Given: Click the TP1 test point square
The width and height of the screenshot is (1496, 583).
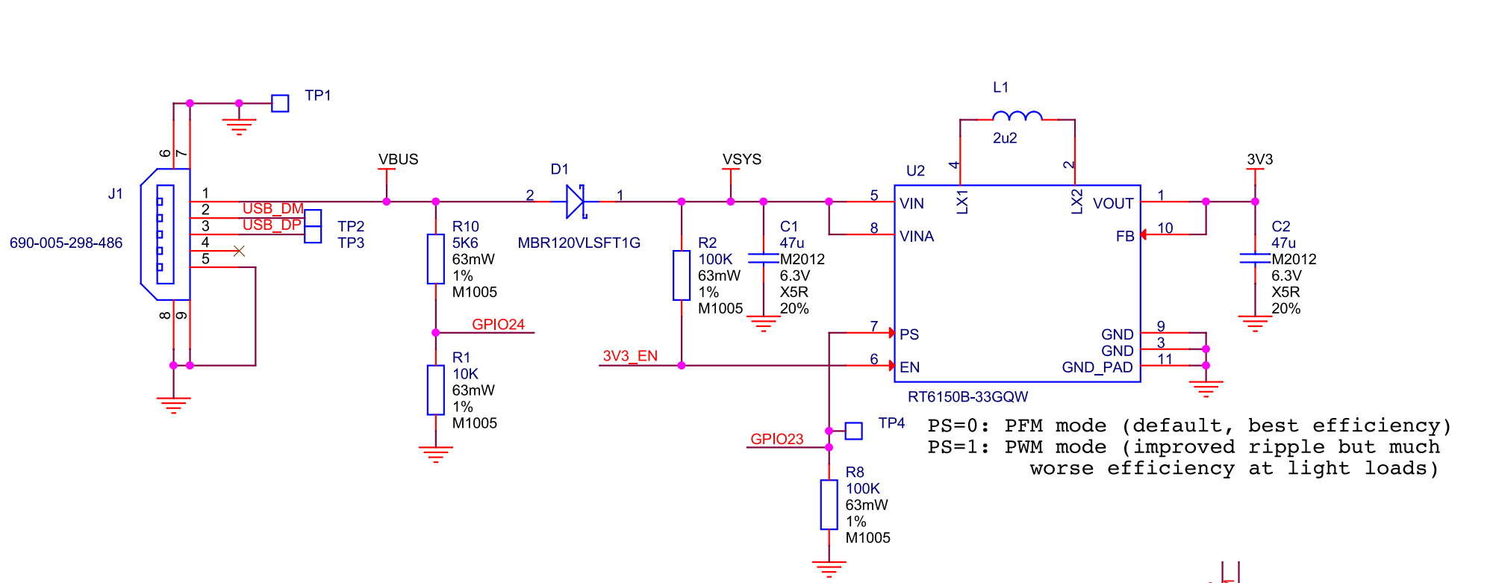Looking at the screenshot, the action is coord(280,103).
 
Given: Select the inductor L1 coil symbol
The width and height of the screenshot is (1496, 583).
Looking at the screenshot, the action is coord(1017,115).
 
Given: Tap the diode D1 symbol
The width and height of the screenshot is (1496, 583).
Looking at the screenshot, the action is coord(576,202).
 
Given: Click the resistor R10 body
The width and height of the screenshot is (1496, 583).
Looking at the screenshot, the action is coord(436,259).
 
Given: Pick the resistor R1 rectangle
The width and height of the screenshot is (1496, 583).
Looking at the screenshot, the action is coord(436,390).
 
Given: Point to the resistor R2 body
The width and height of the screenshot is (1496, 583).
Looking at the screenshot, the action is coord(682,275).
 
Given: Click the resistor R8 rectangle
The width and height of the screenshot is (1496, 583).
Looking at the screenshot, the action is coord(829,505).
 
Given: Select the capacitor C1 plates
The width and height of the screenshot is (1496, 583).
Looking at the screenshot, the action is coord(763,258).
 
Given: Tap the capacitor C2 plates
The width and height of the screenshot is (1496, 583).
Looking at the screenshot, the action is coord(1255,258).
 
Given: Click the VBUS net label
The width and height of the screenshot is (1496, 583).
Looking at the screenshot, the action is coord(398,160).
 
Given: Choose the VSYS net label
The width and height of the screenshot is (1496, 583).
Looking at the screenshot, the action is coord(742,160).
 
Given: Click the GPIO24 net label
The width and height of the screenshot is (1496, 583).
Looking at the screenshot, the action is coord(498,325).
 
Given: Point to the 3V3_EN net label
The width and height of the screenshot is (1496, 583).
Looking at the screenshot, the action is coord(630,356).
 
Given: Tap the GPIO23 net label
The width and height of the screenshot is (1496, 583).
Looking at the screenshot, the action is coord(777,439).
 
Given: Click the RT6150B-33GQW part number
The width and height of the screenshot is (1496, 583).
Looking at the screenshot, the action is coord(967,397).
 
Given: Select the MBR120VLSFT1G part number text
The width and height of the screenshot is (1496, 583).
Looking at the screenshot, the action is coord(579,243).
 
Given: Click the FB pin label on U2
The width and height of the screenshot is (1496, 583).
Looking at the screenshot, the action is coord(1125,237).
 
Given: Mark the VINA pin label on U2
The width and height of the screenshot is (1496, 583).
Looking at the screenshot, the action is coord(917,237).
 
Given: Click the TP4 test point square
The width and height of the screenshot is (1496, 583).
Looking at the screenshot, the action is coord(854,431).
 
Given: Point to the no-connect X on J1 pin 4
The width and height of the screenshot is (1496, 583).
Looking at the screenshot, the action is coord(239,251).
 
